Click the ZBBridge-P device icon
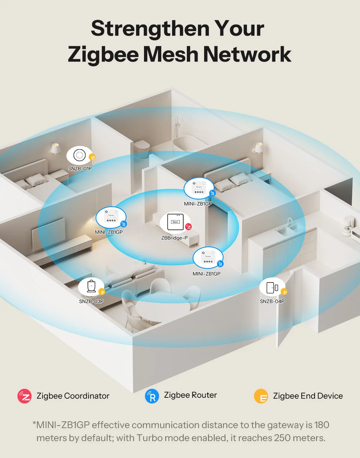pos(175,222)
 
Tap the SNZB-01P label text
pos(80,169)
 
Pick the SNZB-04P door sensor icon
pos(272,287)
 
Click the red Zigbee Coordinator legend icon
pos(24,396)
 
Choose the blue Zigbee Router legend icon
pos(152,396)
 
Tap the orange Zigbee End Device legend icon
pos(261,396)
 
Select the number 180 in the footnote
pos(321,425)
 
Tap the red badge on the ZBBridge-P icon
pos(188,227)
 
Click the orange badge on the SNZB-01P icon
pos(92,157)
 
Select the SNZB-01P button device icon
pos(79,155)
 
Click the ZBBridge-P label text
pos(174,238)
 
